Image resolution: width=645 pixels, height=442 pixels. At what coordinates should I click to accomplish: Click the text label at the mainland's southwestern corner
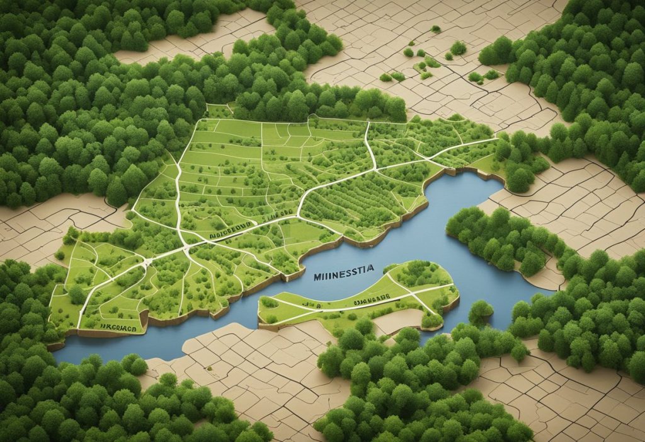119,327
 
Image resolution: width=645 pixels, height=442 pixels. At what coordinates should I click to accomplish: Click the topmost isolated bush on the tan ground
435,29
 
